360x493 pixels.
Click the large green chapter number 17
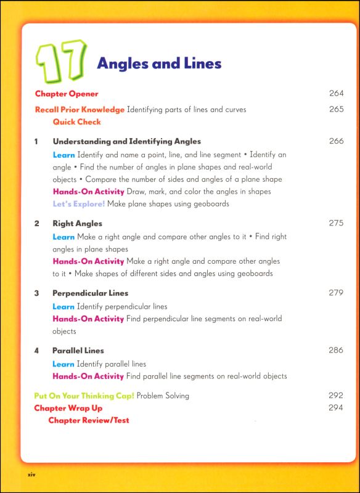[61, 63]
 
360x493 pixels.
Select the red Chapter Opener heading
[67, 94]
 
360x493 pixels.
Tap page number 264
[336, 94]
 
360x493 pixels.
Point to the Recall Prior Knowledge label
[80, 110]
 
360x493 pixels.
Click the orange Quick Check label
[76, 122]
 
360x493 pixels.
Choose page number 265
[336, 110]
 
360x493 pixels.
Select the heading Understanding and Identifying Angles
[126, 141]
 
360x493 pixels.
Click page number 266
[336, 141]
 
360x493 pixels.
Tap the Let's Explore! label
[79, 203]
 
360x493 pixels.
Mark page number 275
[336, 223]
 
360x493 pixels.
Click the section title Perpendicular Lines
[90, 293]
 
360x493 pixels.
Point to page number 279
[336, 293]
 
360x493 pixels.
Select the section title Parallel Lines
[78, 351]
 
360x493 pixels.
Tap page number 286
[336, 351]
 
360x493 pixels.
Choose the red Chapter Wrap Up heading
[68, 408]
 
